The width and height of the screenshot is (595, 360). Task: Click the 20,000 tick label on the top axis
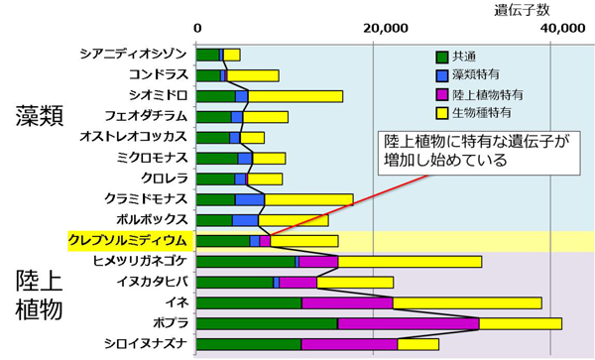click(382, 29)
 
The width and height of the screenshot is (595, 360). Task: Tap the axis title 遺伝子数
click(521, 10)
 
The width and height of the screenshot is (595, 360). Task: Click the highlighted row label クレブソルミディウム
click(127, 240)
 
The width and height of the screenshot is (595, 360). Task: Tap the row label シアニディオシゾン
click(134, 55)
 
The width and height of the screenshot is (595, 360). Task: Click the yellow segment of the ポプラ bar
click(520, 323)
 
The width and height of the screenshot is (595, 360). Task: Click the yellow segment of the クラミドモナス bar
click(308, 199)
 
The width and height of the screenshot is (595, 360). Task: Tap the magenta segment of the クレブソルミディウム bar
click(265, 240)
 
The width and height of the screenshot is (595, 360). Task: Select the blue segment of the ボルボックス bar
click(252, 219)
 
